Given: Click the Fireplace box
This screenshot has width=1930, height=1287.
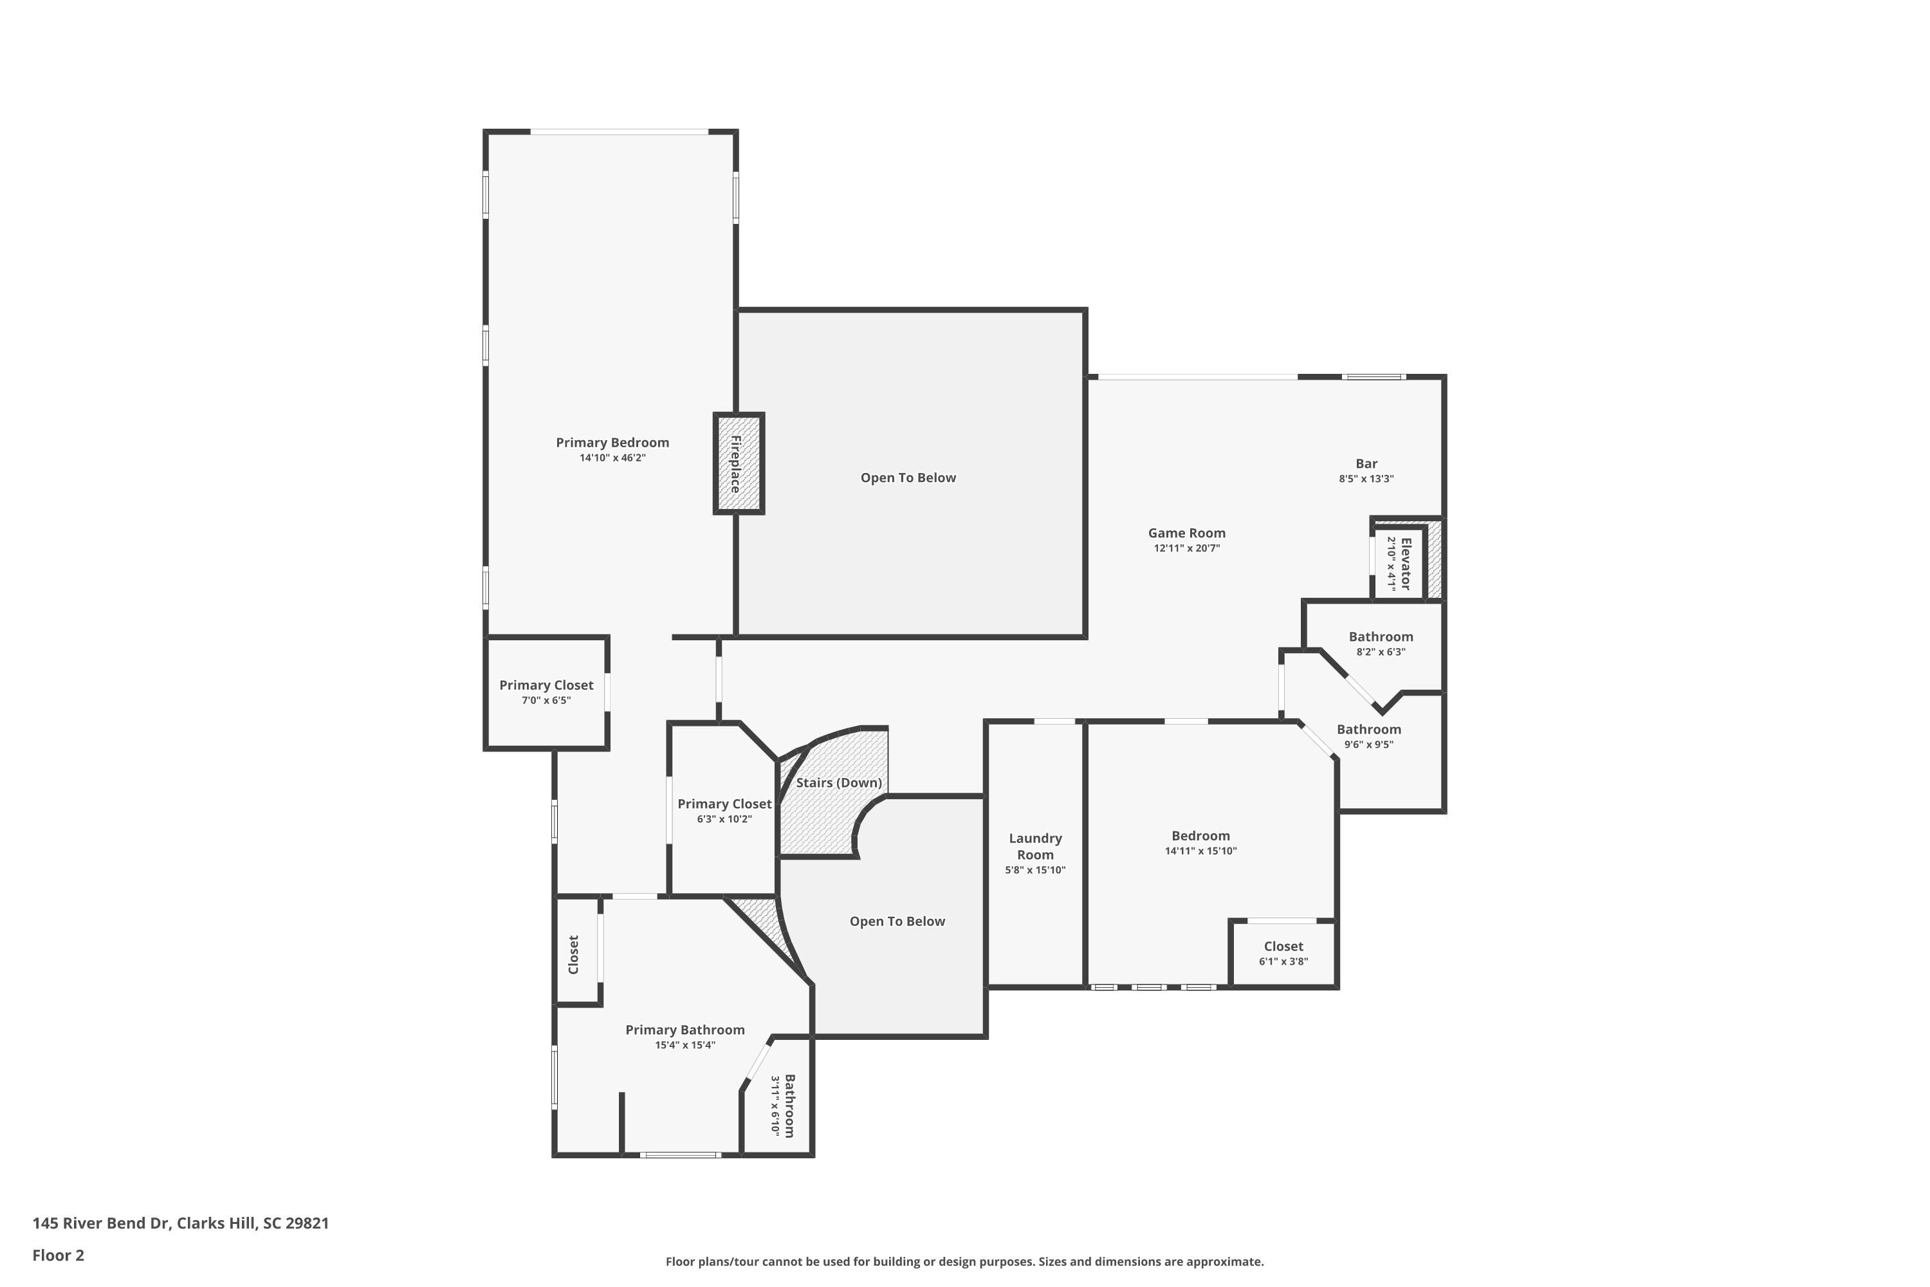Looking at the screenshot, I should tap(738, 464).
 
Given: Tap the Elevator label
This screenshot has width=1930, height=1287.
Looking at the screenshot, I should tap(1405, 563).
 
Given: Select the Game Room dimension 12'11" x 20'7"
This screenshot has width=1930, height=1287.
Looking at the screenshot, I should tap(1186, 548).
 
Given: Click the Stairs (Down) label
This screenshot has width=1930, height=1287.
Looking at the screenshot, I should tap(839, 782).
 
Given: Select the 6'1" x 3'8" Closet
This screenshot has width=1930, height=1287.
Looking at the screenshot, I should tap(1283, 953).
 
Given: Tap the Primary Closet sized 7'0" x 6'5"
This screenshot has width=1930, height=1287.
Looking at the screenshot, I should tap(546, 692).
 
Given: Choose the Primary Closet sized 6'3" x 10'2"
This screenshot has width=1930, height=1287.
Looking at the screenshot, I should tap(724, 811).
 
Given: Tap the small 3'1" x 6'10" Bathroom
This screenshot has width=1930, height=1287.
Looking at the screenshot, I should tap(782, 1106).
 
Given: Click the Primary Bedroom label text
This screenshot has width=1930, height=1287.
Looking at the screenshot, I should tap(612, 443).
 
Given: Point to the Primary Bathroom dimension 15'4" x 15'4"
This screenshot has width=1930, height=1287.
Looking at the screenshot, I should tap(685, 1045).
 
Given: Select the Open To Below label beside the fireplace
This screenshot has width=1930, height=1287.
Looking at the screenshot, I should tap(908, 477).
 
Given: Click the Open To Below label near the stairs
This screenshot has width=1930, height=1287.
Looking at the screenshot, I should tap(897, 921).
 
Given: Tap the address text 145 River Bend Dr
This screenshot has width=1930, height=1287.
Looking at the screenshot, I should tap(181, 1223).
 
